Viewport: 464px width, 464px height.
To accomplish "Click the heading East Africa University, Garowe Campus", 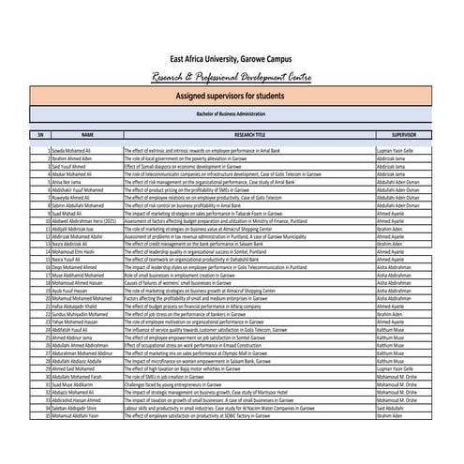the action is (x=232, y=58).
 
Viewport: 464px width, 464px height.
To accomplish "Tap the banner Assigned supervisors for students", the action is (x=232, y=96).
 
